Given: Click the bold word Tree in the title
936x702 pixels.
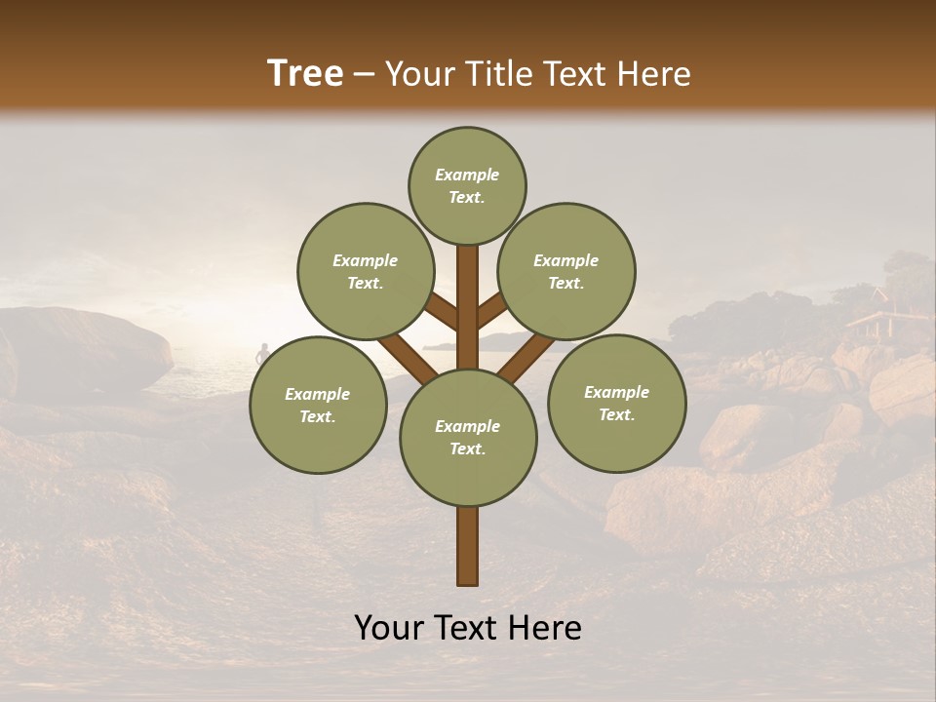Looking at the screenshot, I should pyautogui.click(x=305, y=74).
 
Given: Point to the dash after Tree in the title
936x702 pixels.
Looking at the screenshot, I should pyautogui.click(x=365, y=75).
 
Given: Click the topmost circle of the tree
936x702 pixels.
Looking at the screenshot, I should pyautogui.click(x=467, y=185).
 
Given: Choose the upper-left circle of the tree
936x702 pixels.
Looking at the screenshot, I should pyautogui.click(x=365, y=271).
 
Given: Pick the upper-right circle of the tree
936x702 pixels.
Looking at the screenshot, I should pyautogui.click(x=566, y=271).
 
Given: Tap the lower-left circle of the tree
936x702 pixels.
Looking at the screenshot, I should pyautogui.click(x=318, y=405).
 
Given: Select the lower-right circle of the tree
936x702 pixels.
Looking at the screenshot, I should pyautogui.click(x=616, y=403).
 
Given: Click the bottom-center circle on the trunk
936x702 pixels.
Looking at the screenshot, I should pyautogui.click(x=467, y=437).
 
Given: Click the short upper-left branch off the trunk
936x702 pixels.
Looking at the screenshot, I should pyautogui.click(x=442, y=312).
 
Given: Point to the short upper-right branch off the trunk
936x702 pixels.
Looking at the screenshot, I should pyautogui.click(x=492, y=311).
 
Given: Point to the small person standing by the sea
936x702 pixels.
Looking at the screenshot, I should pyautogui.click(x=261, y=354).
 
